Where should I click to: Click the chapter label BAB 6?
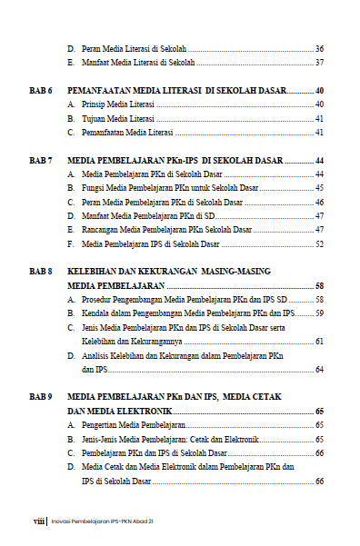coord(42,92)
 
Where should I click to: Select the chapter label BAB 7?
coord(42,160)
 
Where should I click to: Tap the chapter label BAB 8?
coord(42,272)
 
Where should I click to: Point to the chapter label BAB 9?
coord(42,398)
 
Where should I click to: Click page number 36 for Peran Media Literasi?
coord(319,48)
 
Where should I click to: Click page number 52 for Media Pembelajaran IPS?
coord(319,243)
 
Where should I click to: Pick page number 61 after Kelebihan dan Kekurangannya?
coord(319,342)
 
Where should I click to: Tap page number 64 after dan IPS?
coord(319,370)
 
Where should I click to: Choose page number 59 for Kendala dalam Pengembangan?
coord(319,313)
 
